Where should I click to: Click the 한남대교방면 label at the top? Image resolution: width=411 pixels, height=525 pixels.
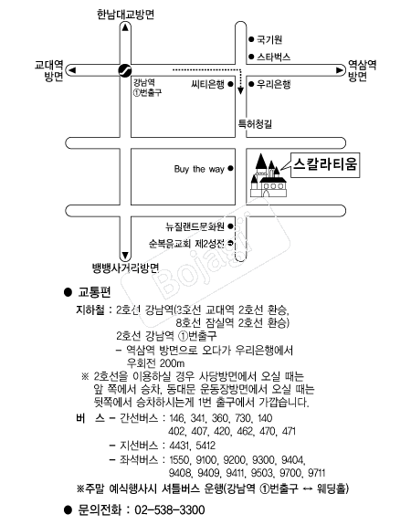(x=126, y=15)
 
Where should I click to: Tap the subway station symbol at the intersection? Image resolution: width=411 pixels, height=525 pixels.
(x=125, y=70)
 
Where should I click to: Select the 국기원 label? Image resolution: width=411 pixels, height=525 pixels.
(x=269, y=39)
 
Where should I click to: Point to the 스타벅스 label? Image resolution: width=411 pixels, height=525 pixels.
(x=274, y=57)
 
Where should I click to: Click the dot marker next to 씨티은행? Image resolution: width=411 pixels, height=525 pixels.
(x=230, y=84)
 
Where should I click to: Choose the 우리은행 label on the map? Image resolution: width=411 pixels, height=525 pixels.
(x=274, y=84)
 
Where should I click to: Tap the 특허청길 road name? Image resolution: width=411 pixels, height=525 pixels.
(x=255, y=124)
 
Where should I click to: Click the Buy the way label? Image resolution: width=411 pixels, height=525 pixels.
(x=199, y=169)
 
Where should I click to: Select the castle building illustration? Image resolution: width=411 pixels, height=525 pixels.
(x=269, y=175)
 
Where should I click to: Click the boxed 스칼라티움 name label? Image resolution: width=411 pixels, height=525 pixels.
(x=325, y=164)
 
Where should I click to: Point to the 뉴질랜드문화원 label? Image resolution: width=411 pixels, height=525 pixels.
(x=195, y=226)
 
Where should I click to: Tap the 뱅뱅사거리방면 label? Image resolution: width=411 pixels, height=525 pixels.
(x=126, y=268)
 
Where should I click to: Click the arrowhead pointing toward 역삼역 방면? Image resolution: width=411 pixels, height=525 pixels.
(x=340, y=70)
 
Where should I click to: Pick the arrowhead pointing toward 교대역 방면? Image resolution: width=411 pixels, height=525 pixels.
(x=71, y=70)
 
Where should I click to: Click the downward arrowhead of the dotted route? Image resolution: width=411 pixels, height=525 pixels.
(x=240, y=90)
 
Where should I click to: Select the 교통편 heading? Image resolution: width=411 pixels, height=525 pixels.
(x=94, y=292)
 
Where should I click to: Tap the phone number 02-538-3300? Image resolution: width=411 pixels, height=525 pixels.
(x=170, y=509)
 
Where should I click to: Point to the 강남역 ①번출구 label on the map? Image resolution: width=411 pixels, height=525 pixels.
(x=147, y=88)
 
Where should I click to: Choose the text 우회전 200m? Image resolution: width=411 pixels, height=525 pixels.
(x=155, y=363)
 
